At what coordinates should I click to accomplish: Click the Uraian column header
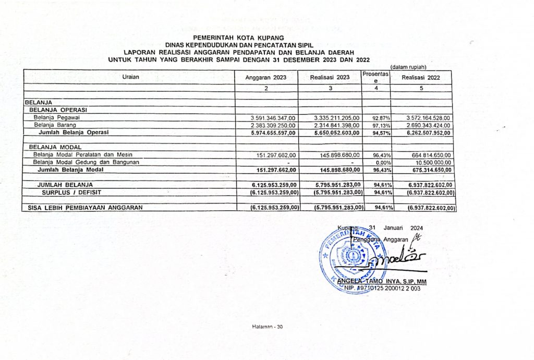coord(130,77)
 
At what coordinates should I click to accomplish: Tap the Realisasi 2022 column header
coord(422,78)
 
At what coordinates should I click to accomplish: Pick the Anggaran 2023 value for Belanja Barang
coord(273,126)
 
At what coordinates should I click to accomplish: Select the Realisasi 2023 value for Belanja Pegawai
coord(337,118)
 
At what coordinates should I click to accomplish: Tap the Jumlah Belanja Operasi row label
coord(73,133)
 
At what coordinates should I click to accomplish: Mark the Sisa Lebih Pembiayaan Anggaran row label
coord(85,208)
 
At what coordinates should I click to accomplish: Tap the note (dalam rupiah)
coord(408,66)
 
